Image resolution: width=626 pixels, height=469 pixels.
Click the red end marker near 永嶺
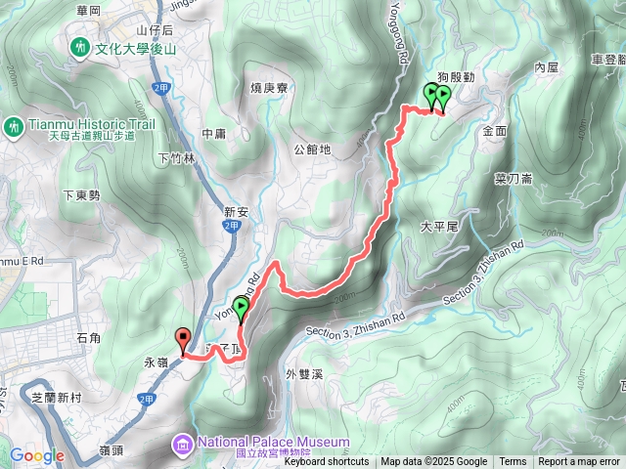[182, 340]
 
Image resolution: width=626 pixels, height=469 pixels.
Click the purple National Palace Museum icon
[183, 445]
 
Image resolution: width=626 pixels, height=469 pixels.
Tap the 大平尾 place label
[438, 226]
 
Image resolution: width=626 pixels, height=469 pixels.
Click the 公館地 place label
[312, 150]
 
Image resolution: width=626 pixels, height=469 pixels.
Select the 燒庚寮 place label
[268, 88]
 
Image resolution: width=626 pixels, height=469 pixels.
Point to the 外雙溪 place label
[305, 373]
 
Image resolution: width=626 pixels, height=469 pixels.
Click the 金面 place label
[494, 130]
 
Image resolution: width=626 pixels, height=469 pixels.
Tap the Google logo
[36, 455]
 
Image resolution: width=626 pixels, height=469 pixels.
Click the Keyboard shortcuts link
[327, 462]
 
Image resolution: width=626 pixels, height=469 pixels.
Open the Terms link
[513, 462]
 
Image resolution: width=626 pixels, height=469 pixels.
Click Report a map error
[579, 462]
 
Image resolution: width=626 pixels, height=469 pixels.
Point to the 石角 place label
[88, 338]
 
